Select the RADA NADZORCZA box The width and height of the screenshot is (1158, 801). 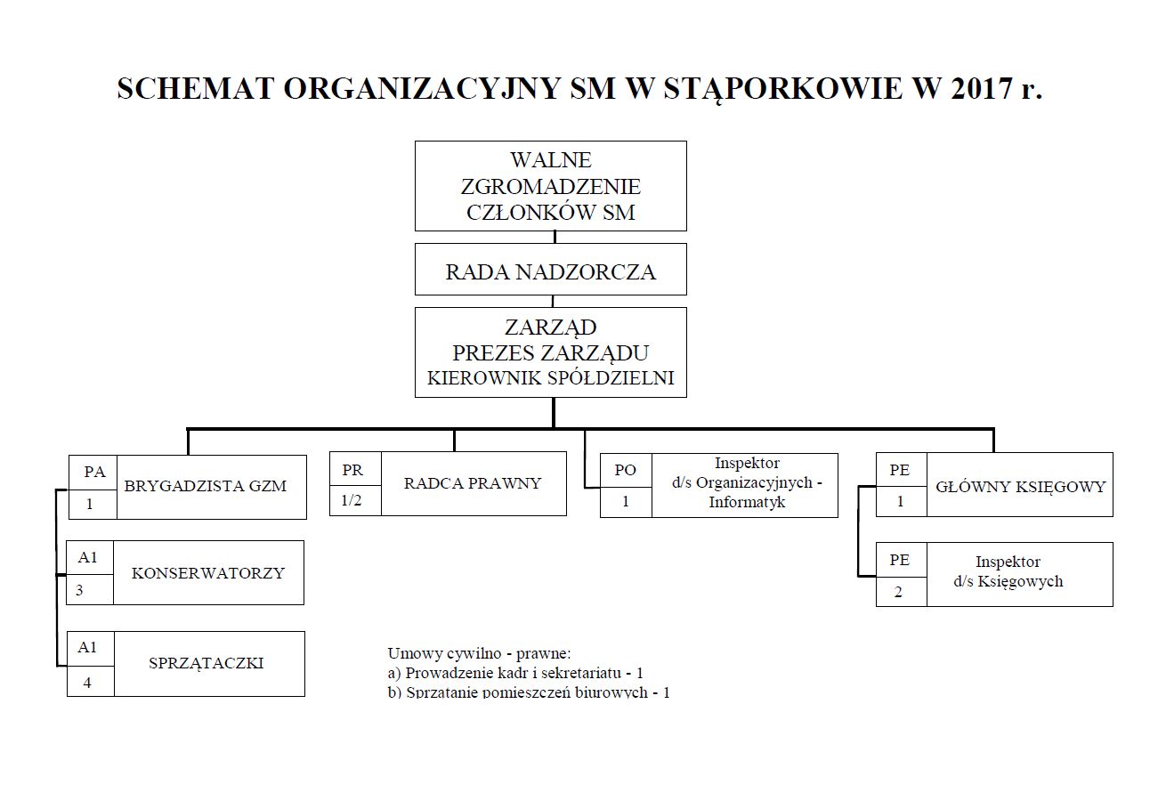(550, 271)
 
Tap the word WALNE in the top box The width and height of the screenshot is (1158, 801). (550, 160)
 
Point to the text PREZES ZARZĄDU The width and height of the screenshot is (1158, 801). (550, 352)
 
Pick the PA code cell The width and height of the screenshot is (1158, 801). (94, 473)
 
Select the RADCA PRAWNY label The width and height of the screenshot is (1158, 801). (473, 483)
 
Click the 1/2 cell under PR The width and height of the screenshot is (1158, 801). (353, 499)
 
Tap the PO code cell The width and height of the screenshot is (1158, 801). (626, 470)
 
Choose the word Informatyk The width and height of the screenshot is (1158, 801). (747, 503)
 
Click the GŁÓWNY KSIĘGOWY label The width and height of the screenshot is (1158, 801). (1020, 486)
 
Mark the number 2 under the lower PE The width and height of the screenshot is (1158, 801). (898, 592)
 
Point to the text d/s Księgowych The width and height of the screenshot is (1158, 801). (1008, 582)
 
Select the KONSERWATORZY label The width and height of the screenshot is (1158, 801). (208, 572)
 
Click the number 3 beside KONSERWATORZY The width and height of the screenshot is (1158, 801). (79, 590)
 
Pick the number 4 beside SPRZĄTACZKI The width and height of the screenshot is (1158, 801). (87, 683)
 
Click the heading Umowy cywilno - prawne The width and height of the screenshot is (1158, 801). (478, 653)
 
